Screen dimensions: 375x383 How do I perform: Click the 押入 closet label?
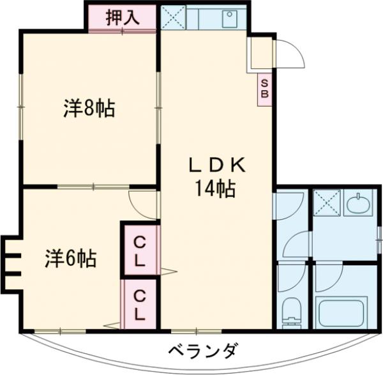[x=121, y=17]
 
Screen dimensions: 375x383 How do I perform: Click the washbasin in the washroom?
[x=361, y=205]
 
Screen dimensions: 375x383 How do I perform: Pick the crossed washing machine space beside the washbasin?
[x=327, y=206]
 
